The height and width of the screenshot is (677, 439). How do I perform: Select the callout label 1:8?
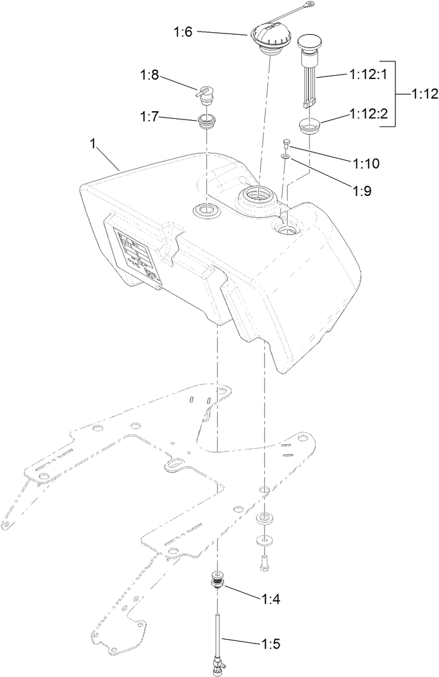150,77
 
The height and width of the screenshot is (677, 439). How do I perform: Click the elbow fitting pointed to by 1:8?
204,94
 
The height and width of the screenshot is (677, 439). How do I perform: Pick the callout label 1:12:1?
366,74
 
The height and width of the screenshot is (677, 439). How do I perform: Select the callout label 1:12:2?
366,114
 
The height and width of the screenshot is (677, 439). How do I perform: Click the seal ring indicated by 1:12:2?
309,126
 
